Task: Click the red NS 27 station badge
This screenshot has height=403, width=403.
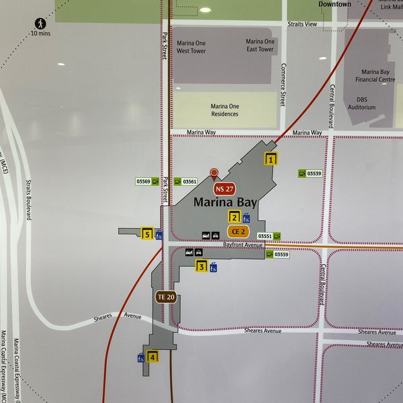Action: coord(224,189)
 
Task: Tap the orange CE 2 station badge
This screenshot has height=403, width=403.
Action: coord(238,231)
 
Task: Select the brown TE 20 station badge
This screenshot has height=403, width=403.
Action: coord(166,296)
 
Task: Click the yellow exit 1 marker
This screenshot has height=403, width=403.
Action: coord(271,159)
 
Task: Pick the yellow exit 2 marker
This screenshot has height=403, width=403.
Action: coord(234,216)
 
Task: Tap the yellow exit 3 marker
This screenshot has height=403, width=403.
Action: coord(201,266)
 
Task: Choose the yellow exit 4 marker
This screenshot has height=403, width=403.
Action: coord(153,356)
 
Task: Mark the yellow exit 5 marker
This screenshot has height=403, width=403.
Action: coord(147,234)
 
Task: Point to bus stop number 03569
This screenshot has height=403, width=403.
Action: coord(143,181)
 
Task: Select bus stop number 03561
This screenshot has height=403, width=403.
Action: coord(189,181)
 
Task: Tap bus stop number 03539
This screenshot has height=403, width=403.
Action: coord(314,173)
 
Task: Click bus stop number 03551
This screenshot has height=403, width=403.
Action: coord(265,236)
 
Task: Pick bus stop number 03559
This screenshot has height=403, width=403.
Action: coord(281,254)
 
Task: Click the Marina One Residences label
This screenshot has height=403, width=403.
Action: coord(224,110)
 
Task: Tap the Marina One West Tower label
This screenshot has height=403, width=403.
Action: coord(191,46)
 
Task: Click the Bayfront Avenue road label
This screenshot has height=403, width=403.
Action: coord(242,245)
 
